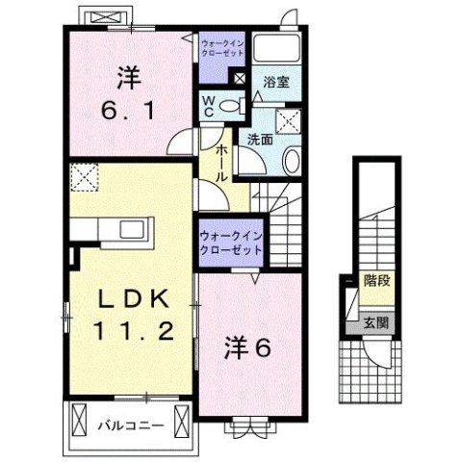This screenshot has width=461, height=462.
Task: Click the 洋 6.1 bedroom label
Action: (125, 90)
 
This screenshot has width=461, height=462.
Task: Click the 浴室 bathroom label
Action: (277, 83)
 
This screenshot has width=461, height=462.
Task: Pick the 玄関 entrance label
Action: (375, 322)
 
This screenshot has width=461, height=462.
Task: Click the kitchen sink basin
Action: (129, 230)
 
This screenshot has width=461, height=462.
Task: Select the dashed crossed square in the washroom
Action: (287, 120)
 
